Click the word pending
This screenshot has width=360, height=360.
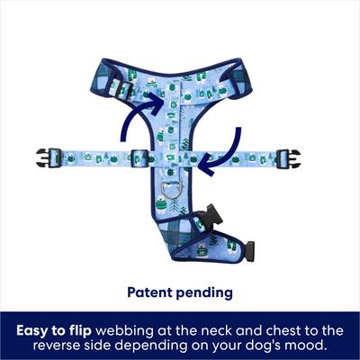click(x=206, y=293)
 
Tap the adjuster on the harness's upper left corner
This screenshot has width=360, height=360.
click(x=114, y=89)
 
